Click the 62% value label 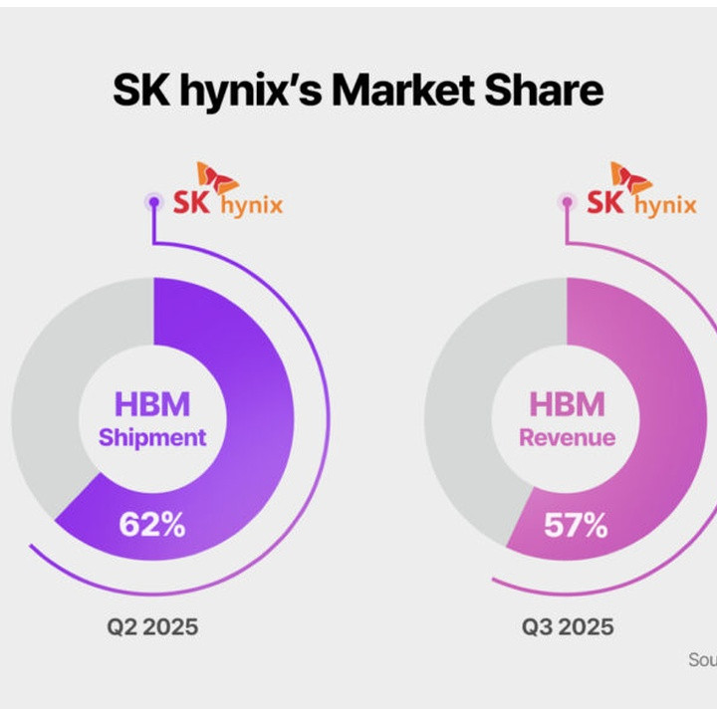[x=151, y=525]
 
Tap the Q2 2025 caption [x=153, y=627]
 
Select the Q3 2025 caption [x=568, y=627]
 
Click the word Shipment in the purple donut [x=153, y=437]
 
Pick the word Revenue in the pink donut [x=567, y=437]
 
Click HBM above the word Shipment [x=152, y=404]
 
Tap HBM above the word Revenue [x=567, y=404]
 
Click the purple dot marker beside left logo [x=153, y=202]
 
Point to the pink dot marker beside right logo [x=568, y=202]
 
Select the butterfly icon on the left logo [x=217, y=178]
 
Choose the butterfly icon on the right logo [x=631, y=178]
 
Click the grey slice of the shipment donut [x=50, y=398]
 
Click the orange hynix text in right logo [x=665, y=207]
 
